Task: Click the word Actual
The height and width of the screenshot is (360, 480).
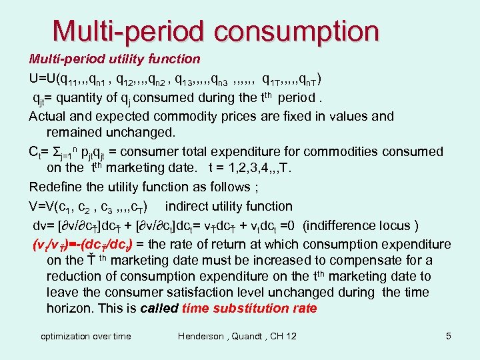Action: tap(45, 117)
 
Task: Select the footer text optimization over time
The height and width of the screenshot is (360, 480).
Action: tap(86, 337)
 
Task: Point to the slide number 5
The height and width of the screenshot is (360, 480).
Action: tap(448, 337)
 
